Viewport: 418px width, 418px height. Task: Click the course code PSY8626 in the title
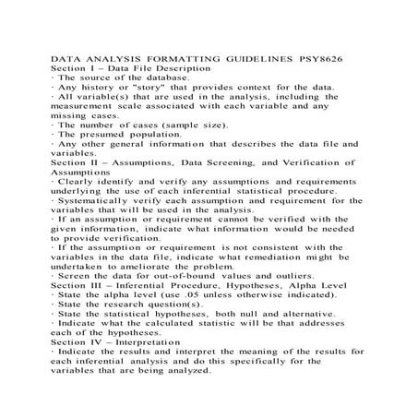337,58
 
